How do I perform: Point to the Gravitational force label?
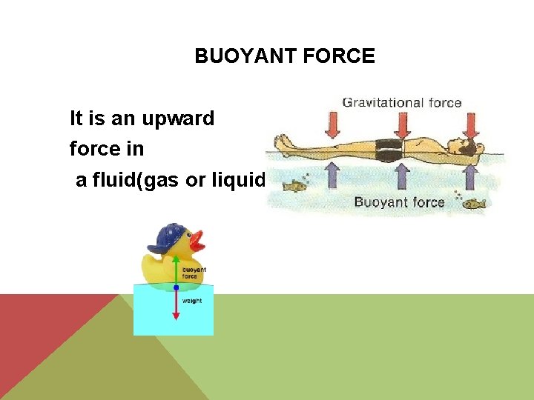pos(401,103)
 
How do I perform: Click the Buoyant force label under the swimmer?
pos(399,202)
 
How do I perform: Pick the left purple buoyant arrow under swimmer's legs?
pos(332,176)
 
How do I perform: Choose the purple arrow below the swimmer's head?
pos(469,176)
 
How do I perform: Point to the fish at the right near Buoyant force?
pos(473,203)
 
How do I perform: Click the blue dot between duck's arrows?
pos(176,287)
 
